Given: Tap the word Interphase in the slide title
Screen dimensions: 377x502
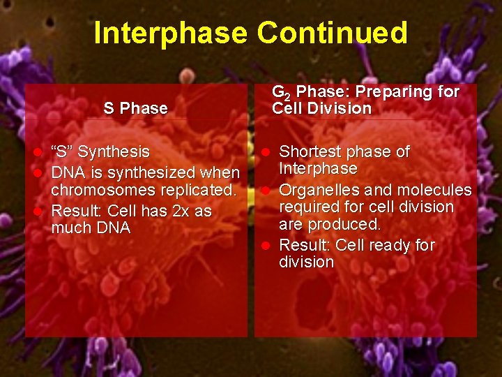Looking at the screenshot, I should pos(170,33).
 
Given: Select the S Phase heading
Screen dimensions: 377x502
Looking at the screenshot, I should pos(135,108).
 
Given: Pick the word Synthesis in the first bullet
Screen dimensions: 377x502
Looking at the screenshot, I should pos(116,151).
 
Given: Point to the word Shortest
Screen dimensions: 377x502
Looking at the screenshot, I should pos(310,151).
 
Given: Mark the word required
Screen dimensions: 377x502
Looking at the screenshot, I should pos(307,207).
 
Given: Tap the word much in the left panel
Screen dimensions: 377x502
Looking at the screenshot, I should pos(72,228).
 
